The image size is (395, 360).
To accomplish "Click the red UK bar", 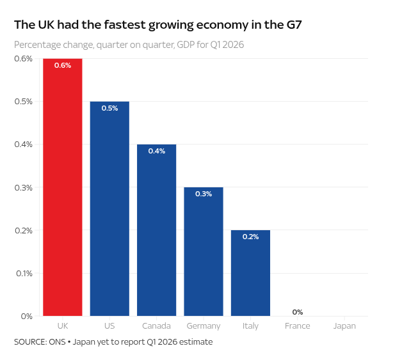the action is click(63, 187).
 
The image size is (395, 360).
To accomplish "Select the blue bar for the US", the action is click(109, 209).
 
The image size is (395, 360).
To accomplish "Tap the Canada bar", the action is click(156, 230).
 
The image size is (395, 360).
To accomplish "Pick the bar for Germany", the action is click(204, 251).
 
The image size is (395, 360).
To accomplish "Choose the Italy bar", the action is click(250, 273).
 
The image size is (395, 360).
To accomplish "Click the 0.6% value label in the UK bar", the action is click(63, 65).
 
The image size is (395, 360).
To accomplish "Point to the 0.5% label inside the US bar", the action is click(109, 108).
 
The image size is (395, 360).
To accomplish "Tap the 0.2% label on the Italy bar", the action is click(250, 237).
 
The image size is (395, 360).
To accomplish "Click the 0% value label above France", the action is click(298, 312).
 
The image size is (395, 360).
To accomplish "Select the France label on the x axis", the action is click(298, 325).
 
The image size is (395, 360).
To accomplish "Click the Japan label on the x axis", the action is click(344, 326).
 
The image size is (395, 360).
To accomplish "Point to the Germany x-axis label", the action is click(204, 326).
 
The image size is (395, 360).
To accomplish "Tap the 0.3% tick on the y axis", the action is click(24, 187).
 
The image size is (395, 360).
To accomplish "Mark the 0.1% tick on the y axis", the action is click(24, 274).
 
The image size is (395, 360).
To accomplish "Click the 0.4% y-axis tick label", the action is click(24, 145).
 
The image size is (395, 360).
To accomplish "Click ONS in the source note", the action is click(57, 342).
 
